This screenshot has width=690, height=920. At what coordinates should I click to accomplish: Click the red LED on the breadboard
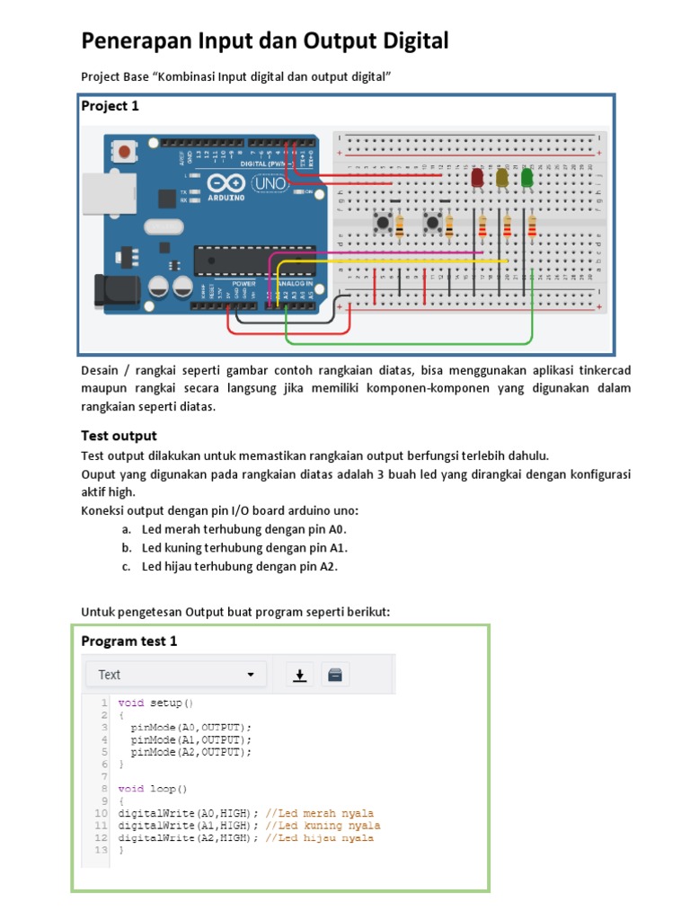pos(477,177)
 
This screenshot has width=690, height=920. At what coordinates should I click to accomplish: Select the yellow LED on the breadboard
pos(502,177)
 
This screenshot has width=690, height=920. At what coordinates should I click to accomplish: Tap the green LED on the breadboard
pos(526,177)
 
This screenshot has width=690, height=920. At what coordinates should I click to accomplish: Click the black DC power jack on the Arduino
pos(111,287)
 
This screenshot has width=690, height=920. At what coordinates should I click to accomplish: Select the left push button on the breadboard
pos(382,222)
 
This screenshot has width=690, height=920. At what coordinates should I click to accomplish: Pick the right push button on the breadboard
pos(432,222)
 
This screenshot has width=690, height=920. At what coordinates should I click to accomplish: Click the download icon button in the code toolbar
pos(300,675)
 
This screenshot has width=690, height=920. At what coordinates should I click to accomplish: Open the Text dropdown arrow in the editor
pos(251,675)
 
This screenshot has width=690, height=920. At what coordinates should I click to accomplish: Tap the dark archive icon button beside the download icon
pos(334,675)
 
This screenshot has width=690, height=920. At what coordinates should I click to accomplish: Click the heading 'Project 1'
pos(111,106)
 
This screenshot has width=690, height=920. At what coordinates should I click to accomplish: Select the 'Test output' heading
pos(119,436)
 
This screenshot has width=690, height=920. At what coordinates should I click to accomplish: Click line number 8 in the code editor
pos(103,788)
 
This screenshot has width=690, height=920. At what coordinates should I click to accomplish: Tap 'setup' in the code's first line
pos(169,702)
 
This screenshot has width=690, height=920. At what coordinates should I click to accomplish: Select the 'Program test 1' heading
pos(129,641)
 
